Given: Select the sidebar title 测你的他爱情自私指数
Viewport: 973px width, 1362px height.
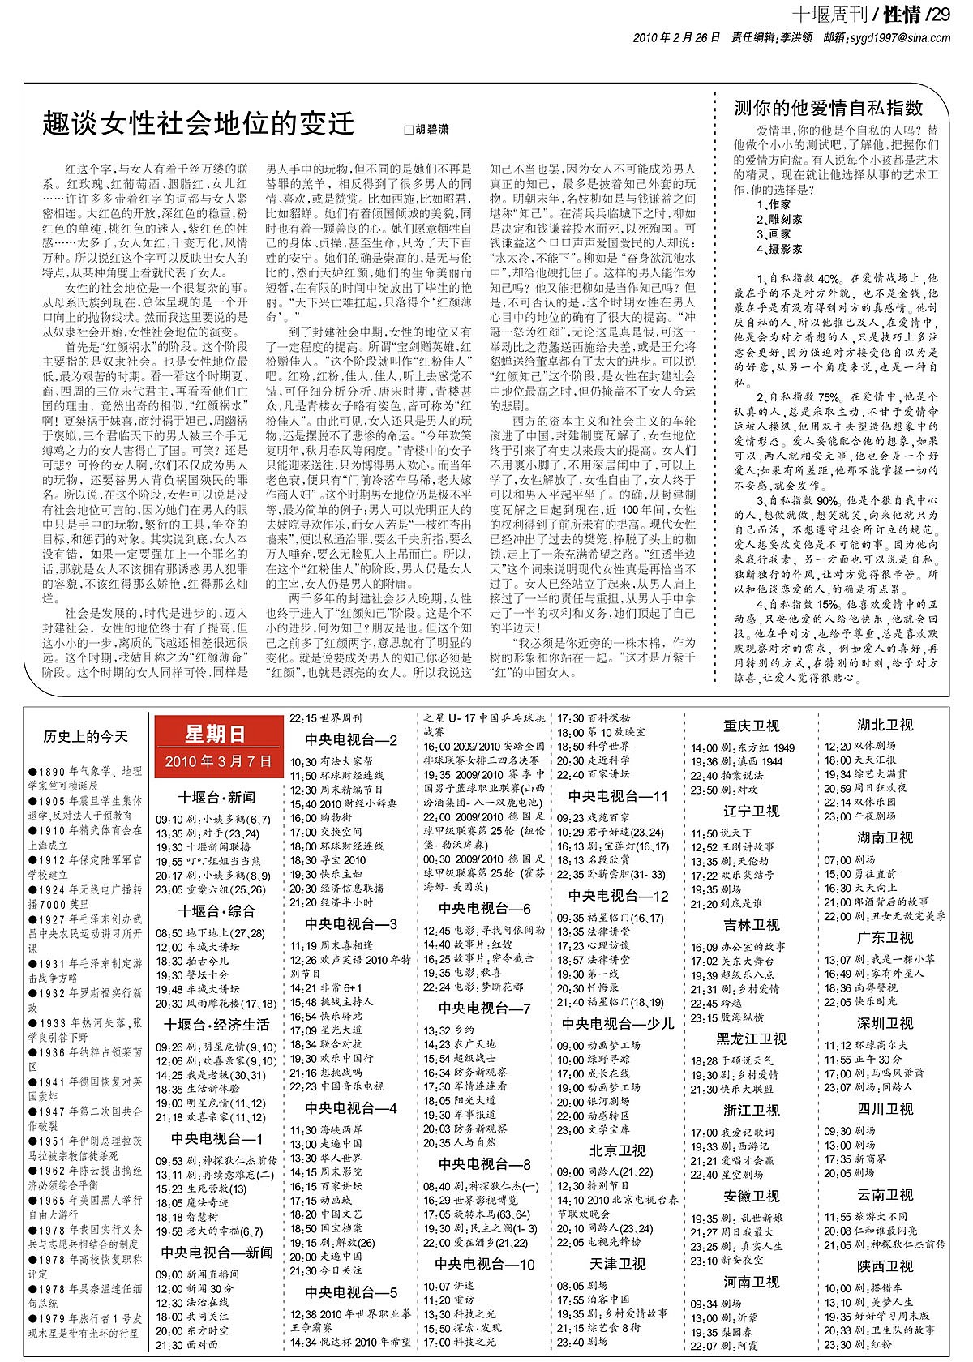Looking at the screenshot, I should pyautogui.click(x=829, y=107).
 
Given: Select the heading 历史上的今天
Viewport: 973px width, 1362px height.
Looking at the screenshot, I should pyautogui.click(x=87, y=736).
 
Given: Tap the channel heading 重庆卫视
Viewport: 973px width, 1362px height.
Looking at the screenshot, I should pyautogui.click(x=751, y=726).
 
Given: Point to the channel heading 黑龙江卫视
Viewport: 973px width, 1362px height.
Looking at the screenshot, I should pyautogui.click(x=751, y=1039).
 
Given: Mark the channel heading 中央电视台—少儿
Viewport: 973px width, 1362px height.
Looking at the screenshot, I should pyautogui.click(x=617, y=1023).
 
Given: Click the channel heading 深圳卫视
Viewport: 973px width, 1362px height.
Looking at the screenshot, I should pyautogui.click(x=885, y=1022).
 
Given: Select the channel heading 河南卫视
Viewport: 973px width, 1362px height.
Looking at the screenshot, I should pyautogui.click(x=751, y=1282).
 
